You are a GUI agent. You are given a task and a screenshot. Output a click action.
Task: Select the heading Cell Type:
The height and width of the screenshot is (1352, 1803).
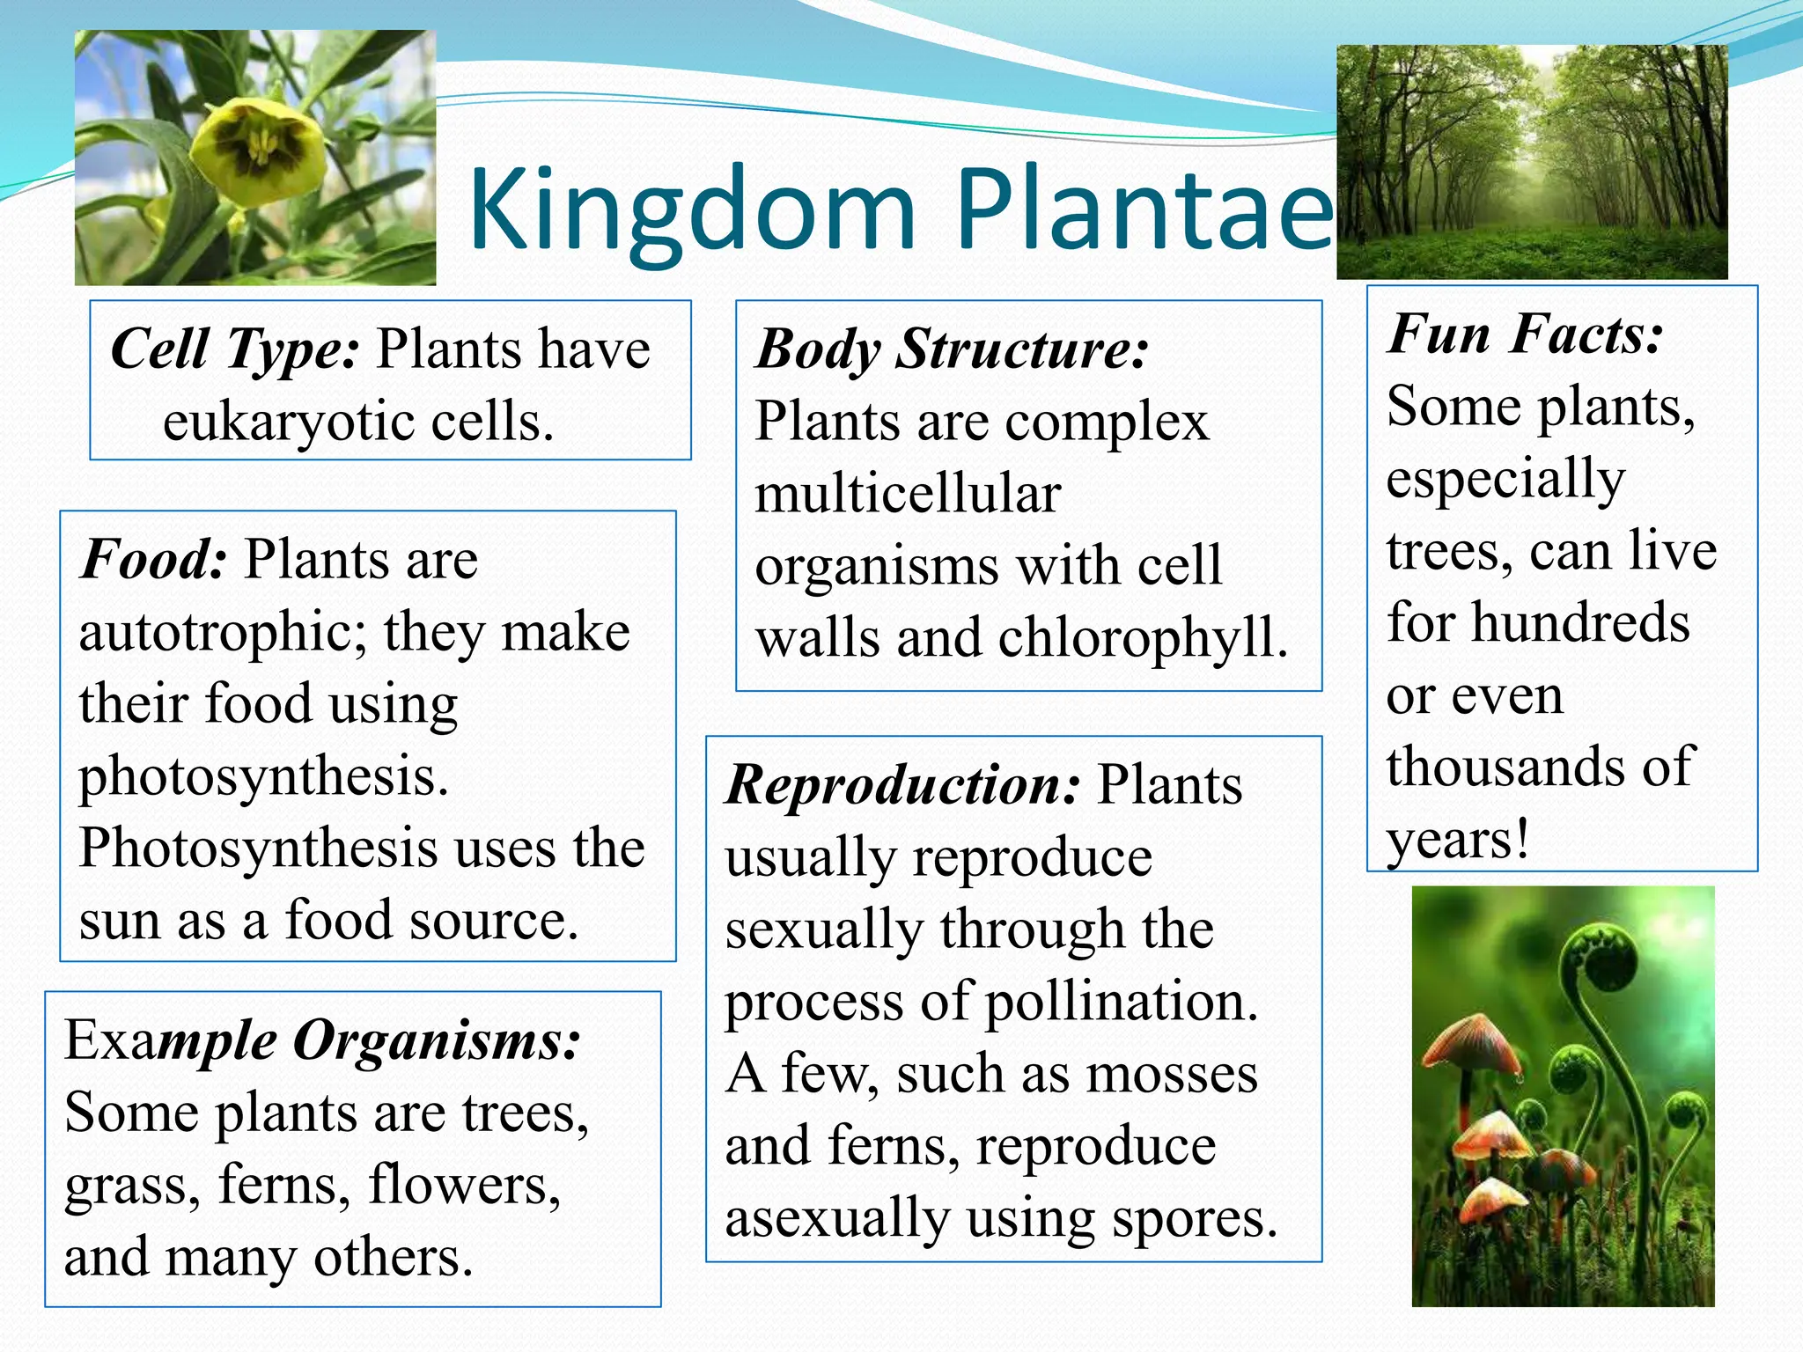click(x=234, y=349)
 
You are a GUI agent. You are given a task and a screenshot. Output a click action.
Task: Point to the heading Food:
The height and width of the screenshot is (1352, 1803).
click(x=154, y=559)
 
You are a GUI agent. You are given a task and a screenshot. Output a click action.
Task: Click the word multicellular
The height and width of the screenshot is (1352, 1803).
click(x=908, y=494)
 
